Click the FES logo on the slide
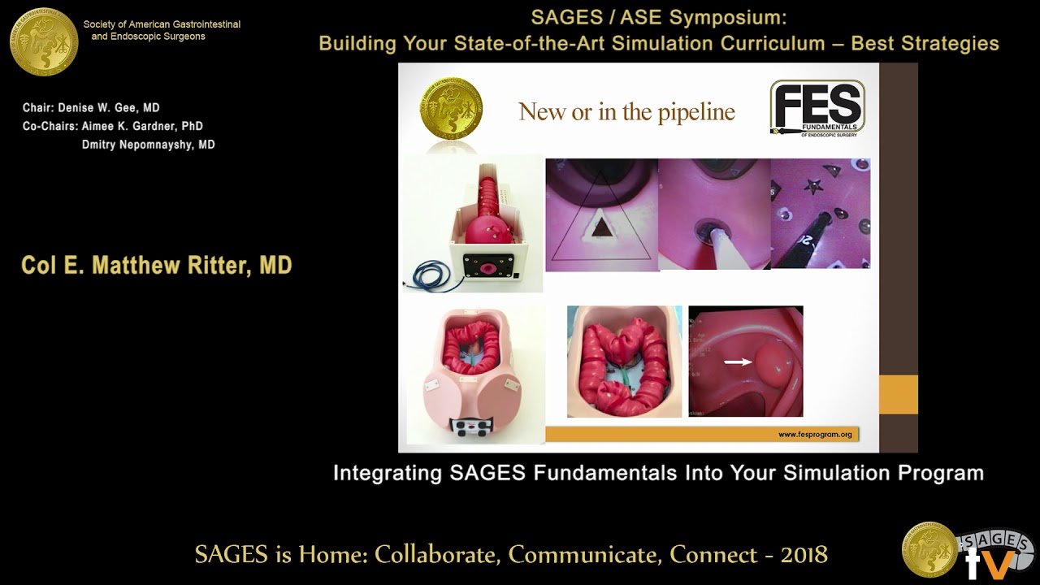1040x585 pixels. point(817,108)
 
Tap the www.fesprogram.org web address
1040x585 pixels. point(815,435)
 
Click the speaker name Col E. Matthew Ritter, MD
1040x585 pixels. point(157,266)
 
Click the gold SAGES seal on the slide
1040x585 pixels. point(451,109)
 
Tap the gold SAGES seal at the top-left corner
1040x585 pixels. point(44,42)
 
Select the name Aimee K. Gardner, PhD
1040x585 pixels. point(142,127)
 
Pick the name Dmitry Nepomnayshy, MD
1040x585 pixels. point(148,145)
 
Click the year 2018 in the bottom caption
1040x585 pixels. point(804,555)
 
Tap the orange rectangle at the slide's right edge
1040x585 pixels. point(898,394)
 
